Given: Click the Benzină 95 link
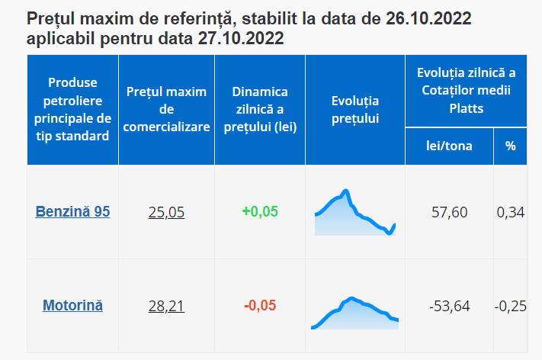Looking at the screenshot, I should pyautogui.click(x=72, y=212).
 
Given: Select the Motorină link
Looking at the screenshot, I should pyautogui.click(x=72, y=306).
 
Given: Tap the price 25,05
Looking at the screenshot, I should pyautogui.click(x=166, y=213).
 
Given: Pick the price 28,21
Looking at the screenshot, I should pyautogui.click(x=166, y=307).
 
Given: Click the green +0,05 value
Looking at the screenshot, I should pyautogui.click(x=260, y=212).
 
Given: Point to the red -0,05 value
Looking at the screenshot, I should pyautogui.click(x=260, y=306).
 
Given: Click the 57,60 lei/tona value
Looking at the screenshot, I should pyautogui.click(x=449, y=212).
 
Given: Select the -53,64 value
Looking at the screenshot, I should pyautogui.click(x=449, y=306).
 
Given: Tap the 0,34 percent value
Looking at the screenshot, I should pyautogui.click(x=510, y=212).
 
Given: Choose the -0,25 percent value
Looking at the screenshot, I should pyautogui.click(x=510, y=306).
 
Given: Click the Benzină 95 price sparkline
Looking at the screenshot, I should pyautogui.click(x=355, y=214).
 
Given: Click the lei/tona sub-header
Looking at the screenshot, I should pyautogui.click(x=449, y=146).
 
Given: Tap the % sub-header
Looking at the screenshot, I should pyautogui.click(x=510, y=146).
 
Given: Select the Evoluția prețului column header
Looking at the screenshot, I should pyautogui.click(x=355, y=110).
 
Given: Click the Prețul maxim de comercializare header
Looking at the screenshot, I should pyautogui.click(x=166, y=110).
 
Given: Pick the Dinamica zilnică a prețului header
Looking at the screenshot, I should pyautogui.click(x=260, y=110).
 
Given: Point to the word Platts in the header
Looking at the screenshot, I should pyautogui.click(x=466, y=109).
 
